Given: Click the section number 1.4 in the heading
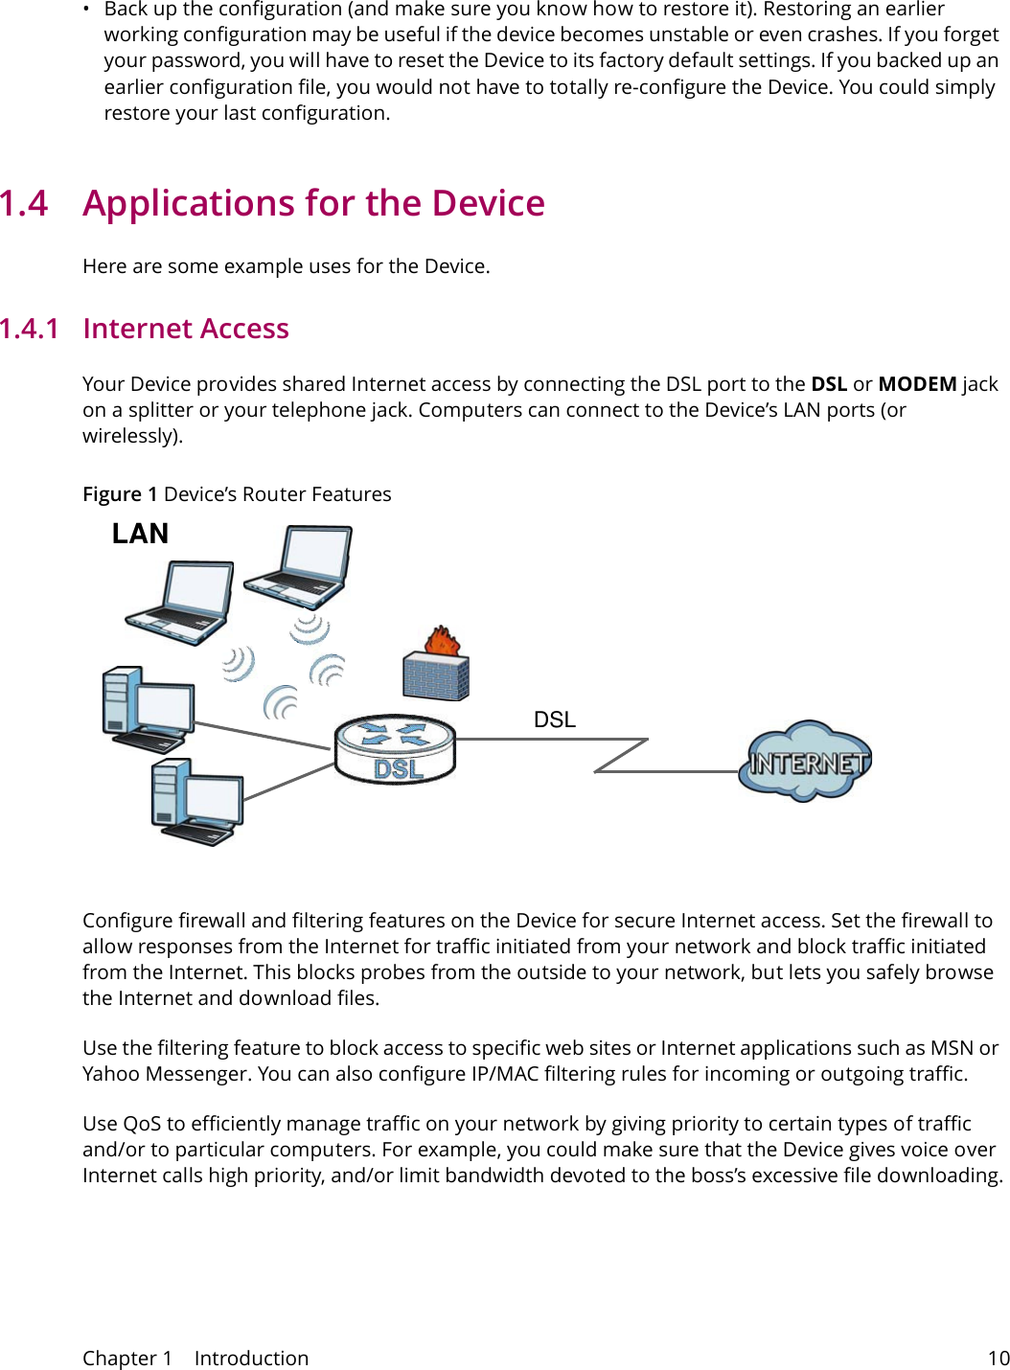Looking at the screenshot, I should (24, 204).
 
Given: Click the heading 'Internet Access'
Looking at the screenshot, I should (186, 329).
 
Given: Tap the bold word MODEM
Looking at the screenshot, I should (916, 384).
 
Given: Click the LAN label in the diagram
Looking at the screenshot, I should (140, 534).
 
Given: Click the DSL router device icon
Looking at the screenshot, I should (395, 748).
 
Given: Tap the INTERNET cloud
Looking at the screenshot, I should (806, 762).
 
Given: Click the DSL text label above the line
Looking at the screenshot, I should (554, 719).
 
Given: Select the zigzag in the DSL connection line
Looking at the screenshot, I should (621, 755).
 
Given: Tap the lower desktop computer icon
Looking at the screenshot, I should (196, 802).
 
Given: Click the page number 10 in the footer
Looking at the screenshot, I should (998, 1358).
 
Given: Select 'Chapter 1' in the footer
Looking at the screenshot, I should (126, 1358).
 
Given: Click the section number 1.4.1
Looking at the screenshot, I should (30, 329).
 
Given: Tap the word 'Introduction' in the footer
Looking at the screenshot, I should (251, 1358).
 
